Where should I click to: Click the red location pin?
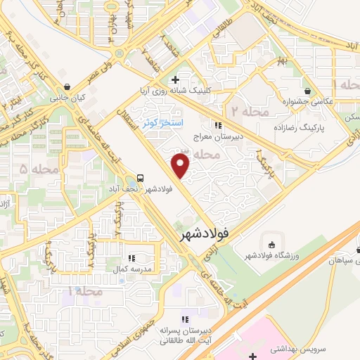[181, 165]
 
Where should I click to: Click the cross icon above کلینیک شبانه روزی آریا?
[184, 79]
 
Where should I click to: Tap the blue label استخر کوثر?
[162, 122]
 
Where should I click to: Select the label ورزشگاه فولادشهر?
[272, 256]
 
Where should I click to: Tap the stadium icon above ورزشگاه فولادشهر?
[272, 244]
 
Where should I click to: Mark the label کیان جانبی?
[66, 99]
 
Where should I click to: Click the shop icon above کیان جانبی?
[66, 88]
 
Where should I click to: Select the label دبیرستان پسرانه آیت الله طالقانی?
[187, 335]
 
